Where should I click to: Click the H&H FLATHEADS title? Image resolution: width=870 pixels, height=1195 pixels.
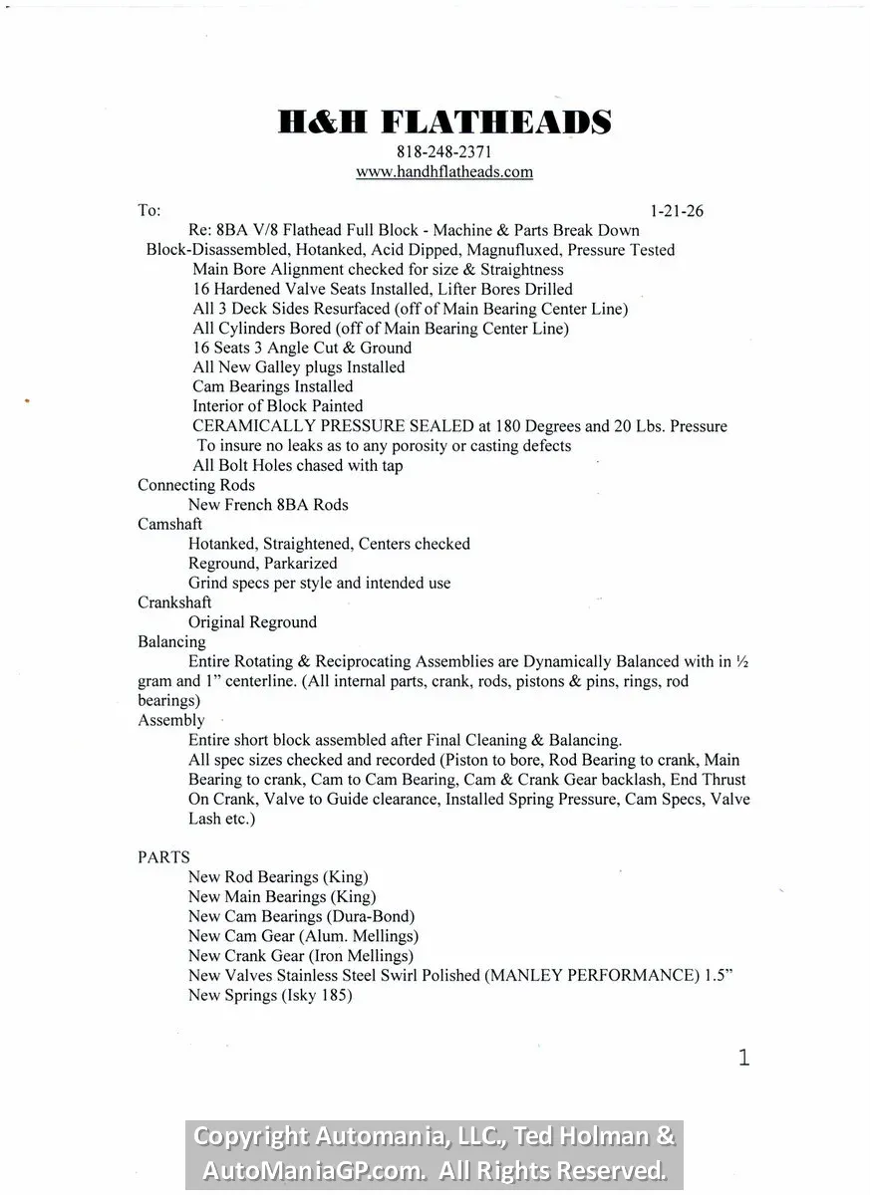[x=443, y=122]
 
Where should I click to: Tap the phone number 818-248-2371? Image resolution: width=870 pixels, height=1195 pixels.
[x=443, y=152]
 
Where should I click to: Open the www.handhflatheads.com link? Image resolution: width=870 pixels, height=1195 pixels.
[x=443, y=171]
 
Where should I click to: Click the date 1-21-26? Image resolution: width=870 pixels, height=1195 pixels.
[x=677, y=211]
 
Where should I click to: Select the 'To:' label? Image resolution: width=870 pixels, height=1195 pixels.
[x=148, y=211]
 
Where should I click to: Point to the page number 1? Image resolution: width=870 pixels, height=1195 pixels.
[x=743, y=1058]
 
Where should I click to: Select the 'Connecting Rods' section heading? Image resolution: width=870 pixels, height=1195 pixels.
[x=196, y=485]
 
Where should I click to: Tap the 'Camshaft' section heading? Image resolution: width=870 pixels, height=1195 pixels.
[x=169, y=524]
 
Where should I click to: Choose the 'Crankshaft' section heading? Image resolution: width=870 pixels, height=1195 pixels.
[x=174, y=602]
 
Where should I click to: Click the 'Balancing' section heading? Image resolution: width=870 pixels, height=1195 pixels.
[x=171, y=642]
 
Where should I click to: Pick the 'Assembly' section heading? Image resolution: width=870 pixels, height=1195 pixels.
[x=170, y=720]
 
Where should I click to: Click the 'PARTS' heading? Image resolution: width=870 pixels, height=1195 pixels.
[x=163, y=857]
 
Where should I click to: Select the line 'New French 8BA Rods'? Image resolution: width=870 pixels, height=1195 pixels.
[x=268, y=505]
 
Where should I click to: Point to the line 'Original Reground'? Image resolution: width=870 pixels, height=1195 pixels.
[x=252, y=622]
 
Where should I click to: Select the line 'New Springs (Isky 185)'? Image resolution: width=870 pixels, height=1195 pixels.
[x=270, y=995]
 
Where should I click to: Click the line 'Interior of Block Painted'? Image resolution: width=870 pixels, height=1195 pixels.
[x=277, y=406]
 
